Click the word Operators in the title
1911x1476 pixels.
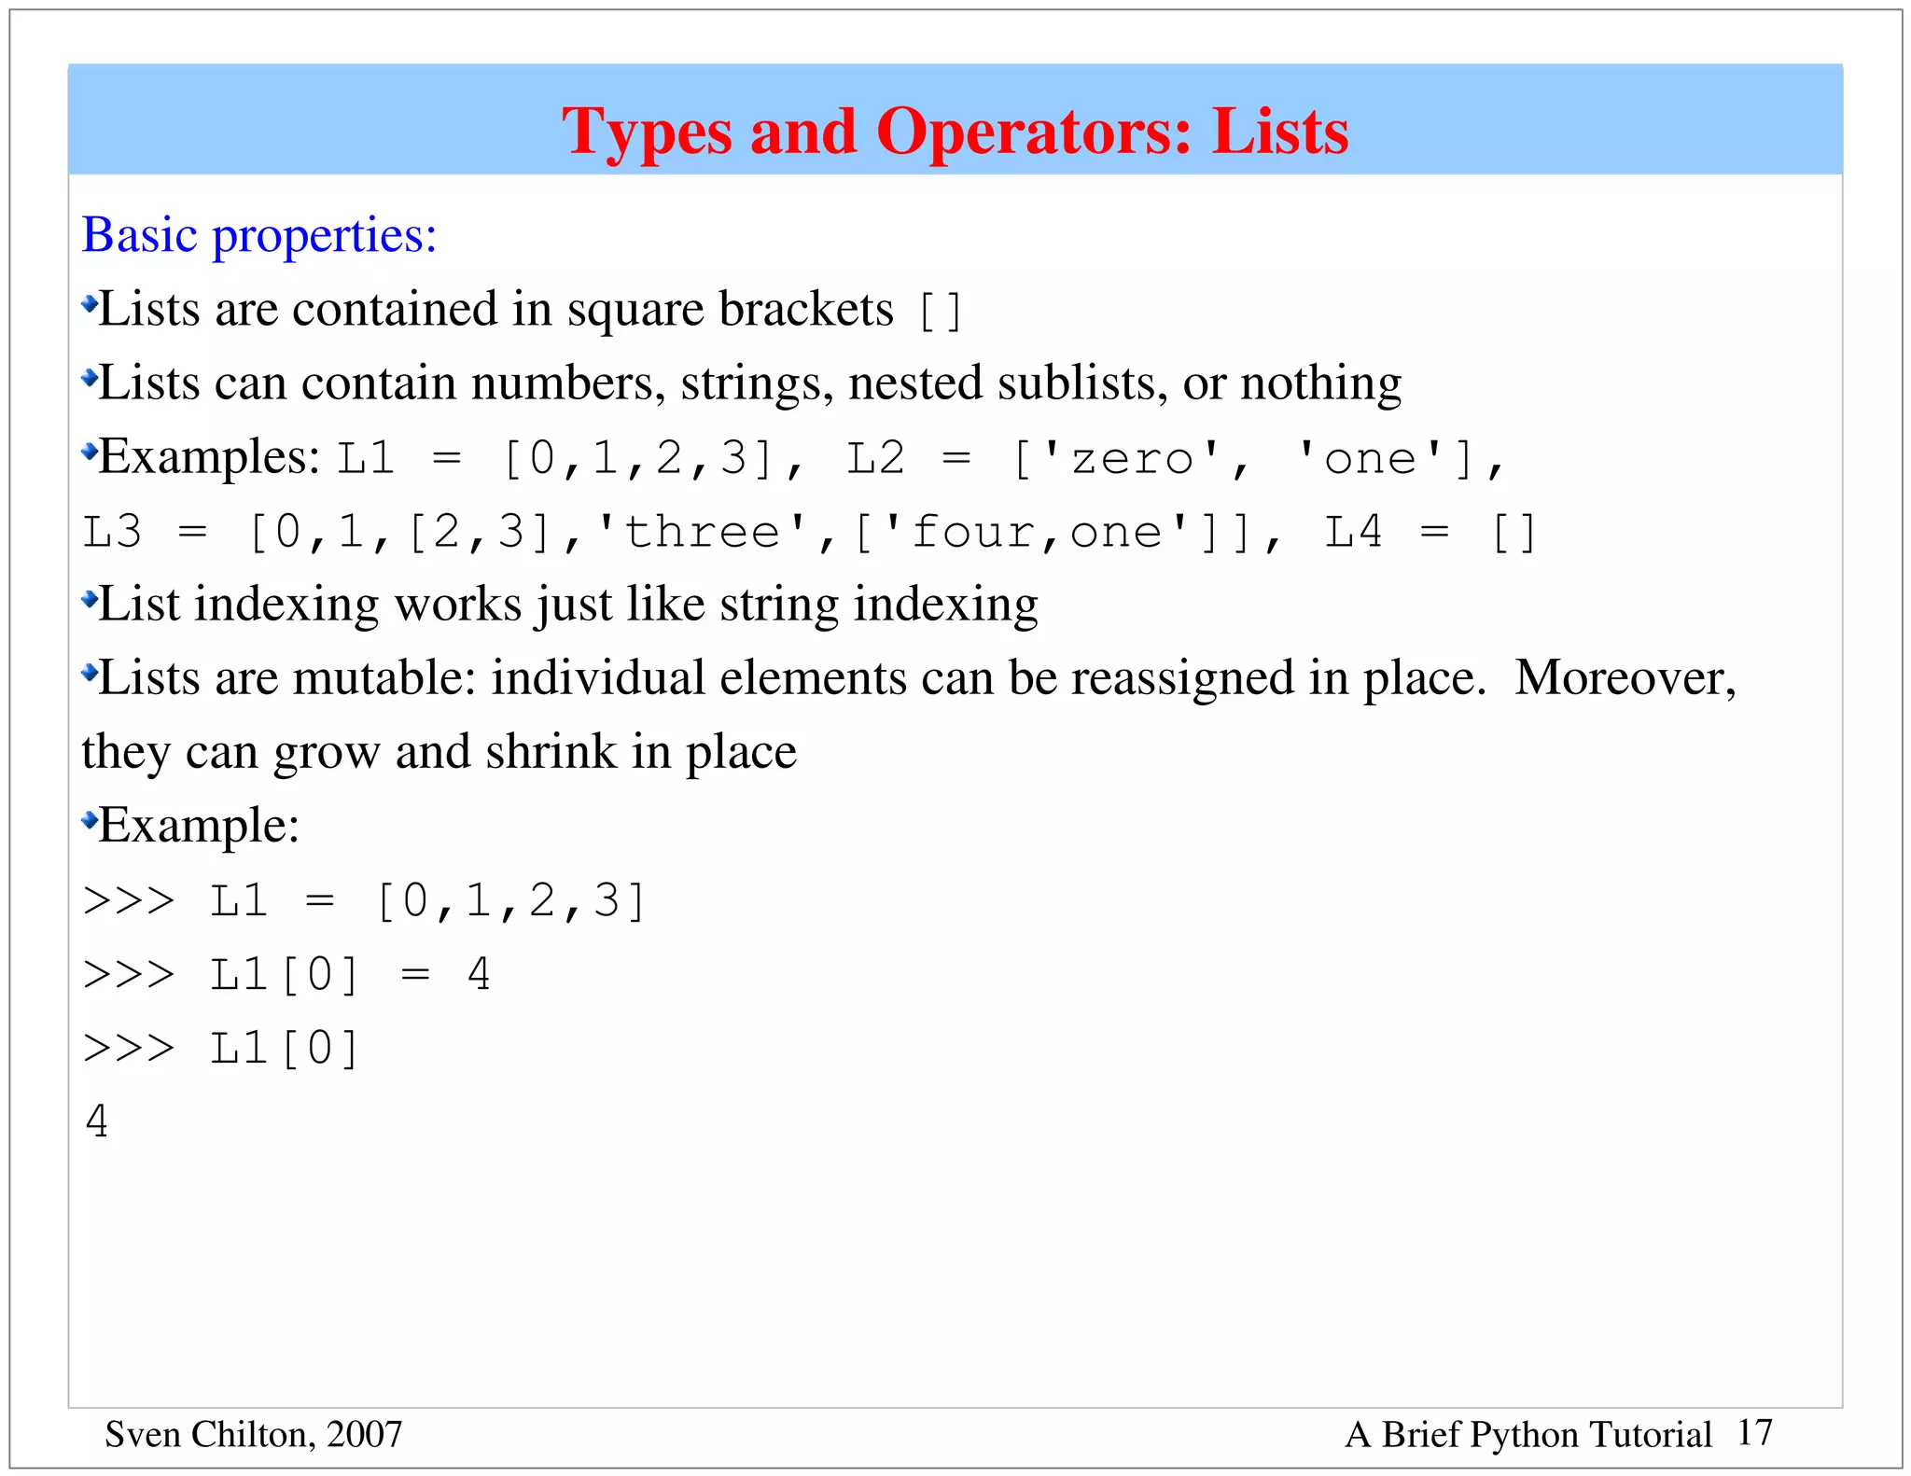tap(1033, 132)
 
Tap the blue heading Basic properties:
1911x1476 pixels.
tap(259, 235)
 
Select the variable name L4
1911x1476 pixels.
tap(1353, 532)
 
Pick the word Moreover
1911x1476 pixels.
tap(1625, 678)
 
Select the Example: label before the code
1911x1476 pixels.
tap(199, 826)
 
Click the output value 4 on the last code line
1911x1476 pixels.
tap(96, 1121)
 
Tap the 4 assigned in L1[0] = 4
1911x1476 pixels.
tap(479, 974)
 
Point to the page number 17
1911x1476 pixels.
tap(1754, 1433)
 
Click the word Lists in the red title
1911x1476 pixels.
tap(1280, 132)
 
